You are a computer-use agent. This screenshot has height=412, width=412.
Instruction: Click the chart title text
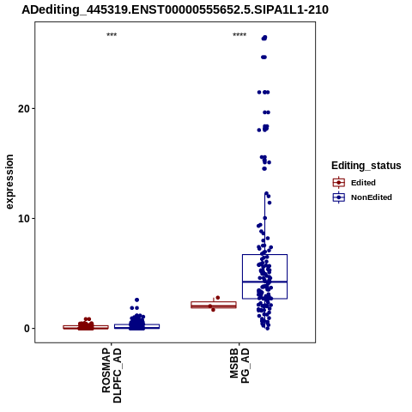tap(175, 9)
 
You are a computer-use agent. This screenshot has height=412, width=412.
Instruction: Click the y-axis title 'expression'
tap(9, 182)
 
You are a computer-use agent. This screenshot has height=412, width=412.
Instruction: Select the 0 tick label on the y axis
tap(27, 329)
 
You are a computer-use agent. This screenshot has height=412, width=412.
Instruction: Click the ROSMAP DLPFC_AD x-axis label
tap(112, 375)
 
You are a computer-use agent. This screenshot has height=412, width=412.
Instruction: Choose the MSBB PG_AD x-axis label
tap(239, 366)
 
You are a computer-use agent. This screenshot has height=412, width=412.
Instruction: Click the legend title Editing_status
tap(367, 166)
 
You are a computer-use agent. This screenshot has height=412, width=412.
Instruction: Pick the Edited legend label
tap(363, 183)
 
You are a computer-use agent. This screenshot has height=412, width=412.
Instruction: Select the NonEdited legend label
tap(372, 197)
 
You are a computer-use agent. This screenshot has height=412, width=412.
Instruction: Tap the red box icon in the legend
tap(339, 183)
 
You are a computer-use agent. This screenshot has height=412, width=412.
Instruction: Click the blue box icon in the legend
tap(339, 197)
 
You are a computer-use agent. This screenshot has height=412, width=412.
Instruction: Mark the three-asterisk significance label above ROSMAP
tap(112, 35)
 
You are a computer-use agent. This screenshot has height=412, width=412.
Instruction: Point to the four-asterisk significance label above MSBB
tap(239, 35)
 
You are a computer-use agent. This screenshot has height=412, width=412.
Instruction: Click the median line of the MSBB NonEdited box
tap(264, 282)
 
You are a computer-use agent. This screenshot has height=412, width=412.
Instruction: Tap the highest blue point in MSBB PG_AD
tap(265, 38)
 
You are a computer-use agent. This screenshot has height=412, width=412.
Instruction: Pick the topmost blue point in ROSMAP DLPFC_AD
tap(136, 300)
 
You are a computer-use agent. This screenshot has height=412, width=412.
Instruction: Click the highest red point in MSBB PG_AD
tap(218, 298)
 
